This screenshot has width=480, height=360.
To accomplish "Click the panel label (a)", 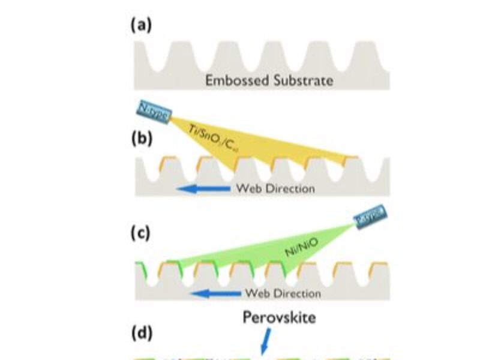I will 142,25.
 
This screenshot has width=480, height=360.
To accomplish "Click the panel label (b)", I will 142,137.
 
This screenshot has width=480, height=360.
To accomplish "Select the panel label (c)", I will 142,233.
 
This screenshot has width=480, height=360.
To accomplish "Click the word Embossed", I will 232,80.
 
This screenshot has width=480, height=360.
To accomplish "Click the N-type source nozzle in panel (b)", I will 154,111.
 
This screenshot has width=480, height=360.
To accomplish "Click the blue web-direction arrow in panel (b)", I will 205,189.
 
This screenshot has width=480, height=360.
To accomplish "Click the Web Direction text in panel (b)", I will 275,188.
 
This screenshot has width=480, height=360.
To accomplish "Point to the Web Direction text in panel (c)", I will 282,293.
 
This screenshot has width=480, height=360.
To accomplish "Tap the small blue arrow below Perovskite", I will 265,339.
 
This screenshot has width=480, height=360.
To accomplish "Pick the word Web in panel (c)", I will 256,293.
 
